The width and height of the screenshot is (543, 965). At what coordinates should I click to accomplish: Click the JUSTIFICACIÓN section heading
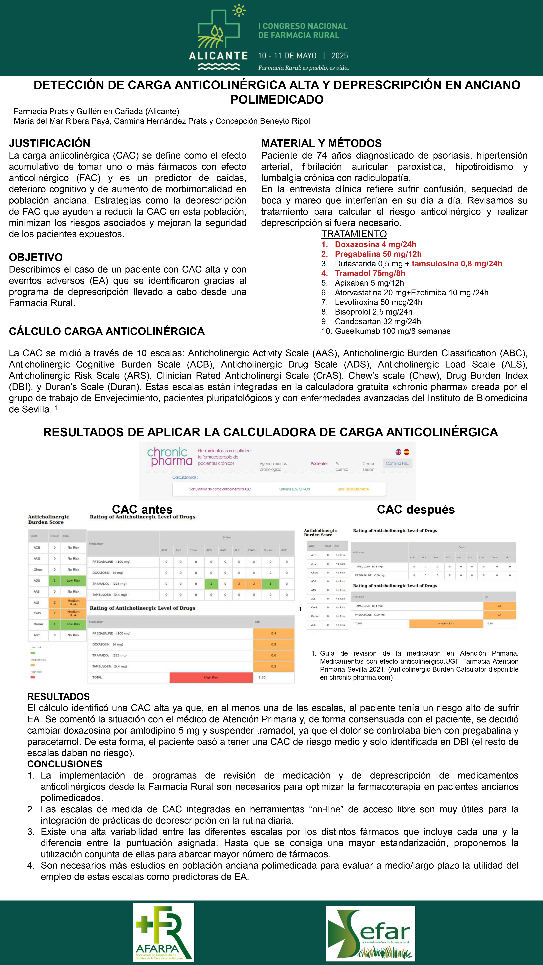(49, 143)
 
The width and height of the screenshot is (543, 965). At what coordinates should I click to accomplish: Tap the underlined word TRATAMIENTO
(354, 234)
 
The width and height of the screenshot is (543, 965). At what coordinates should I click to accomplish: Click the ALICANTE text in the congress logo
(218, 56)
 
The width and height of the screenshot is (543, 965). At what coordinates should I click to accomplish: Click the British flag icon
(398, 452)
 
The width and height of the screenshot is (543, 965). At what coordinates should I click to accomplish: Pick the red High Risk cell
(211, 677)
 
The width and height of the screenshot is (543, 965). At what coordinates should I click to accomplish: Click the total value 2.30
(262, 677)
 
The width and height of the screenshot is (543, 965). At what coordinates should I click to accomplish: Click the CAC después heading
(416, 510)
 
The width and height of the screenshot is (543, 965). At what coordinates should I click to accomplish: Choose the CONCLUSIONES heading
(65, 764)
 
